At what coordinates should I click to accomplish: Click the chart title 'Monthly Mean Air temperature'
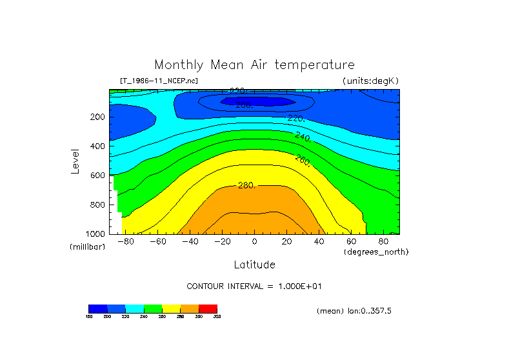(254, 65)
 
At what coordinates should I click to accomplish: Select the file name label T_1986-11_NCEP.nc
(159, 81)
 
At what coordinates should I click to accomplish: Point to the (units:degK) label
(371, 81)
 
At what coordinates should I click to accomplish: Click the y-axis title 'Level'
(75, 161)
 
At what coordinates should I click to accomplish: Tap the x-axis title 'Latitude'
(254, 265)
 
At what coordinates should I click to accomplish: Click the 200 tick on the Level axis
(97, 117)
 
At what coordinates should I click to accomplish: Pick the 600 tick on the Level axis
(97, 175)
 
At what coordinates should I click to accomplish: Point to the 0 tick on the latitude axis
(255, 242)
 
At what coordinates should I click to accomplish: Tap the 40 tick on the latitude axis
(319, 242)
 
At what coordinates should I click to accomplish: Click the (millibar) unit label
(87, 247)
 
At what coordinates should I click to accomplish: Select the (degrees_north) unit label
(376, 252)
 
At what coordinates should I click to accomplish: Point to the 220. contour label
(296, 118)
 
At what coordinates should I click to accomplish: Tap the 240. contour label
(303, 136)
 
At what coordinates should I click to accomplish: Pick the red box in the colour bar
(208, 308)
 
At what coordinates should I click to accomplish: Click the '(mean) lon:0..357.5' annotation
(354, 311)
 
